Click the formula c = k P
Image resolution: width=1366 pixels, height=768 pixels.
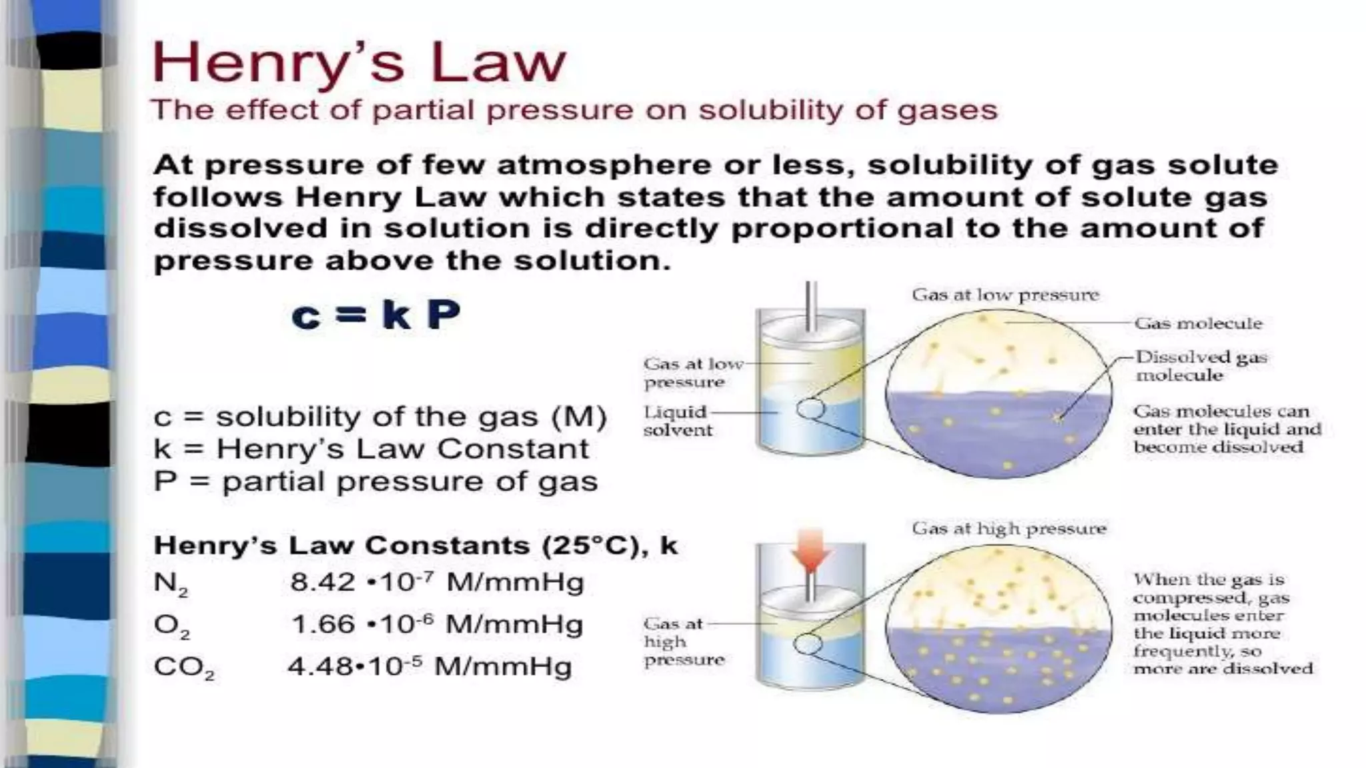pyautogui.click(x=376, y=315)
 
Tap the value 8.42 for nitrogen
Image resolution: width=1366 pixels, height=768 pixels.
pyautogui.click(x=322, y=583)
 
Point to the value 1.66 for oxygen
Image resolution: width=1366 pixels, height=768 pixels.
pyautogui.click(x=323, y=625)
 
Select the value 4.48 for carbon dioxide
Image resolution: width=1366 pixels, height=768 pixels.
pyautogui.click(x=319, y=667)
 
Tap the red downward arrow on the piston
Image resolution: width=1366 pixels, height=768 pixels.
pyautogui.click(x=810, y=551)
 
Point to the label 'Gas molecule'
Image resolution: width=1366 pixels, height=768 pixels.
pyautogui.click(x=1199, y=323)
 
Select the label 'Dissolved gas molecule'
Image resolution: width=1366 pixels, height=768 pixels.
pyautogui.click(x=1201, y=366)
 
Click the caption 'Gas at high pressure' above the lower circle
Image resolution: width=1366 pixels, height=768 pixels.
pyautogui.click(x=1008, y=529)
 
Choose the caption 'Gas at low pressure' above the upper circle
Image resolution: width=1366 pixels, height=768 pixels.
pyautogui.click(x=1005, y=295)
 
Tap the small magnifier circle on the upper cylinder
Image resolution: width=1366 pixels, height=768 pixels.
pyautogui.click(x=810, y=408)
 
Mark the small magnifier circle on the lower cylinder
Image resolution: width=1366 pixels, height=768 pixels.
pyautogui.click(x=808, y=644)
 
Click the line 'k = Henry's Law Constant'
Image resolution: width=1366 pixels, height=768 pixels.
pyautogui.click(x=371, y=449)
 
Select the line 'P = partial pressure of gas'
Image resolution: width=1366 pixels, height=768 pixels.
pyautogui.click(x=376, y=481)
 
